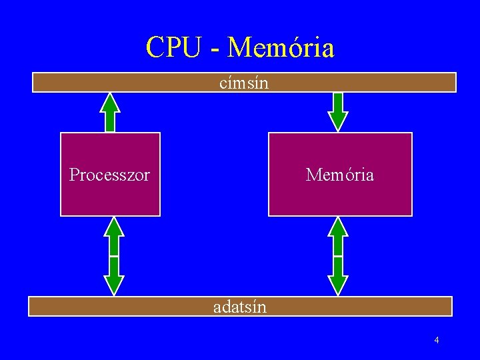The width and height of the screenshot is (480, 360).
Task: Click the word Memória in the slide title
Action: click(x=281, y=47)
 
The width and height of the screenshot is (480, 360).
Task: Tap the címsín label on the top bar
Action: click(x=244, y=83)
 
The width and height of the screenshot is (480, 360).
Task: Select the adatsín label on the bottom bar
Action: click(x=240, y=307)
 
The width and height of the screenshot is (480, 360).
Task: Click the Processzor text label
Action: click(x=110, y=175)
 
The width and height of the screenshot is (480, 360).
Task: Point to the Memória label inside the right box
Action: click(x=340, y=175)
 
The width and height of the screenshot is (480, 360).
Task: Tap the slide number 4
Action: click(x=436, y=341)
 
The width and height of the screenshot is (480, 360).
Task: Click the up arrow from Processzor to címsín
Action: click(x=110, y=112)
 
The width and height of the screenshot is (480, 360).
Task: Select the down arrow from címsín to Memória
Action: click(x=339, y=112)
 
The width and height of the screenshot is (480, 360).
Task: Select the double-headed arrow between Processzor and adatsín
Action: click(x=115, y=256)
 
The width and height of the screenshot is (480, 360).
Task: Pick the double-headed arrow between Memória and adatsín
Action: click(x=339, y=256)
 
